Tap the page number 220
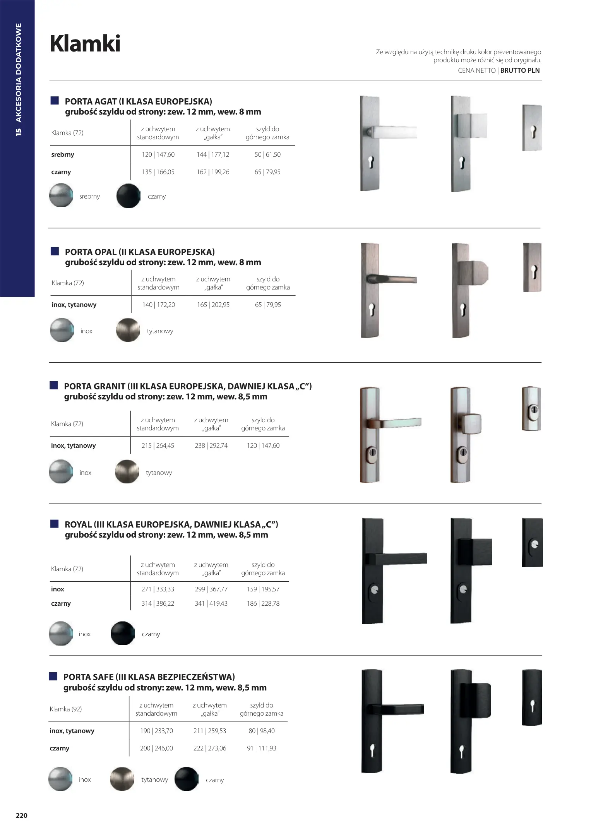pos(21,815)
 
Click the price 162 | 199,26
pos(213,172)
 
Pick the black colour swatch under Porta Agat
pos(128,196)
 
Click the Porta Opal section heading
pos(140,252)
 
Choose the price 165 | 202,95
pos(213,305)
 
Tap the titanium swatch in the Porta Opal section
pos(128,330)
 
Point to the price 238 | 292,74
pos(211,445)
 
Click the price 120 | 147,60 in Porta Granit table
pos(263,445)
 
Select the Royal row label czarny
pos(61,603)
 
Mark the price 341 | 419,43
pos(211,603)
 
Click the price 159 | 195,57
pos(263,589)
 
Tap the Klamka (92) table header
pos(66,709)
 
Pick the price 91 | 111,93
pos(262,748)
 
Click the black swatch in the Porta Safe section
pos(187,779)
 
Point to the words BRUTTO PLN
pos(520,70)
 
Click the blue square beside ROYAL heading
pos(54,524)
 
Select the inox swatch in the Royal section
pos(61,633)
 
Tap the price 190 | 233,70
pos(156,731)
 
